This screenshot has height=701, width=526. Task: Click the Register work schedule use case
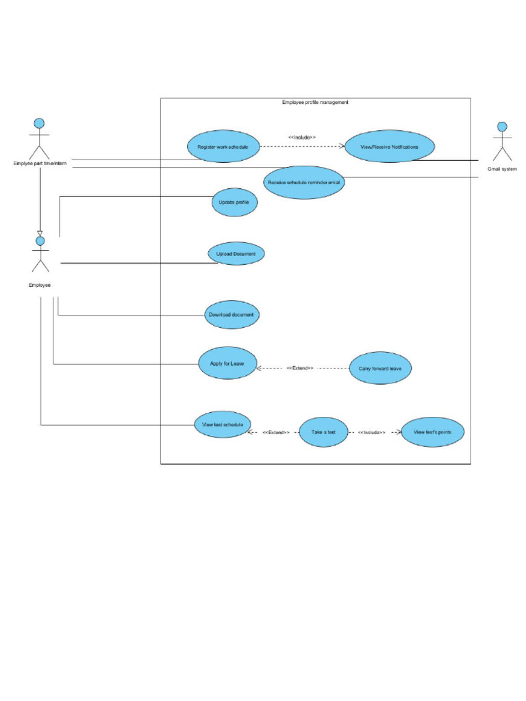click(x=223, y=146)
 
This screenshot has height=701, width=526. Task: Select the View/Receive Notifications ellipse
click(x=389, y=146)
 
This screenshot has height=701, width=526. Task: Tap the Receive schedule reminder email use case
click(x=303, y=182)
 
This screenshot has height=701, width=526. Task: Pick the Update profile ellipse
click(x=234, y=202)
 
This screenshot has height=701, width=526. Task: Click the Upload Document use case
click(x=236, y=254)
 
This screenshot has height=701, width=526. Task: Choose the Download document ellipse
click(x=231, y=315)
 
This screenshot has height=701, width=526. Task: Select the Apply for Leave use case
click(x=227, y=363)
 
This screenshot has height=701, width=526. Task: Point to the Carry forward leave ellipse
click(x=380, y=368)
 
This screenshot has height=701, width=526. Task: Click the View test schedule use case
click(x=222, y=424)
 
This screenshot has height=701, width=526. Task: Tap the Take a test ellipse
click(x=323, y=433)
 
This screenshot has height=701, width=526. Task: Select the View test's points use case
click(x=432, y=433)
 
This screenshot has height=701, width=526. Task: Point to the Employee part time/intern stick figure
click(x=40, y=137)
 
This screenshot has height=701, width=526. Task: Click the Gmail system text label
click(x=502, y=168)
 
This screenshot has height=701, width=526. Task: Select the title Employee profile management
click(x=315, y=103)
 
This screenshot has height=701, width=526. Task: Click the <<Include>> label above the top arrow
click(x=302, y=138)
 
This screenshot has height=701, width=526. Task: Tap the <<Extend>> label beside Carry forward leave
click(x=300, y=368)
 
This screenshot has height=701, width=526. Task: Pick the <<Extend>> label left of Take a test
click(x=276, y=433)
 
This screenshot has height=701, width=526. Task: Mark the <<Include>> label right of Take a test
click(x=371, y=433)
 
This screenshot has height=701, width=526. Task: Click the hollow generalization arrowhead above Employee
click(x=40, y=234)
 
